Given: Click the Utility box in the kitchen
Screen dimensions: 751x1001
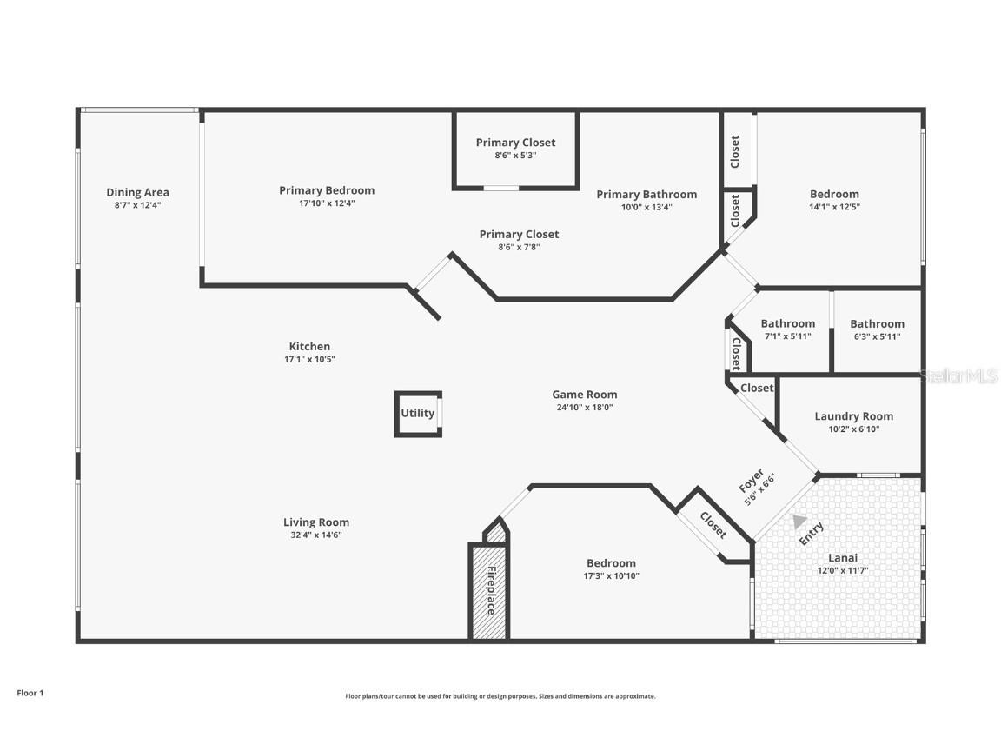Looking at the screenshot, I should coord(417,414).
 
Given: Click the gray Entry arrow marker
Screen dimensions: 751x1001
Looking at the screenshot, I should coord(799,522).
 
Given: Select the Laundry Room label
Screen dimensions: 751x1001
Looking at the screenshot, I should coord(853,416).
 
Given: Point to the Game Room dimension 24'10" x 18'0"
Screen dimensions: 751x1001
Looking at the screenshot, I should coord(584,407).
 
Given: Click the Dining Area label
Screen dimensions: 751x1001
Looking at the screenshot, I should coord(137,192).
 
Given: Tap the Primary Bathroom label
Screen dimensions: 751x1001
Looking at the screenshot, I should coord(646,194).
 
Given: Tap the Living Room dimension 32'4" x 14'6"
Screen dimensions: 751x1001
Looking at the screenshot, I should coord(316,535).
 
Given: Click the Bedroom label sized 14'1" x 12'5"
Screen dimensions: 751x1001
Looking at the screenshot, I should coord(834,194).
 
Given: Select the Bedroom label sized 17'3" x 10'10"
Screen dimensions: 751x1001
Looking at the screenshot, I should coord(611,563).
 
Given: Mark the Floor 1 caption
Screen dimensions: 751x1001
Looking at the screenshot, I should coord(30,693).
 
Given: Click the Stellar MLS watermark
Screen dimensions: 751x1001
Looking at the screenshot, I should coord(960,375).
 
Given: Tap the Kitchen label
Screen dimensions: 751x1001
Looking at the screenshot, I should coord(309,346).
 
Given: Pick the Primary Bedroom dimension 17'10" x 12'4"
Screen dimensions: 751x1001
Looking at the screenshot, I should coord(327,203).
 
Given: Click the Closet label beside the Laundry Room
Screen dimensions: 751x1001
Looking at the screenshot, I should coord(757,388).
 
